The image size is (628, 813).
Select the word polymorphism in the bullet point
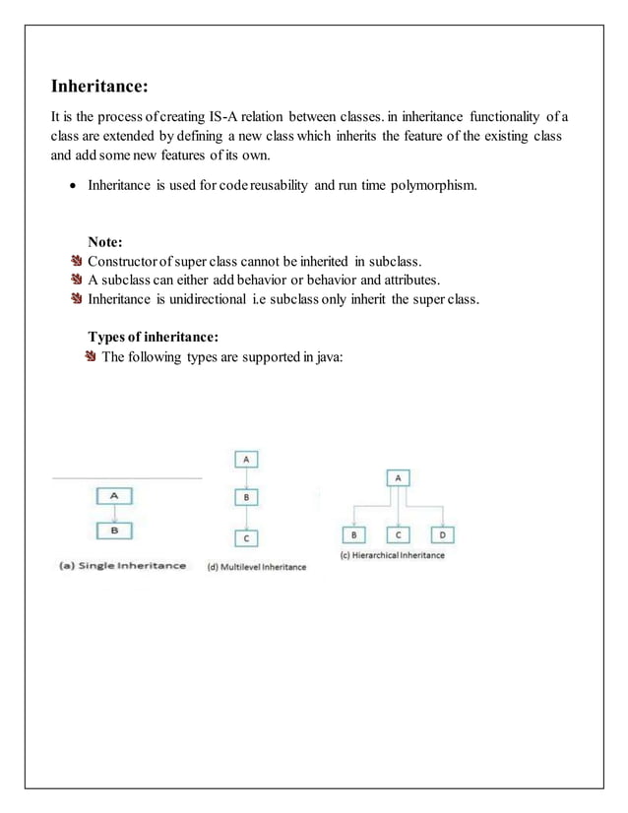point(431,184)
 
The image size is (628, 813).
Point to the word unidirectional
point(217,299)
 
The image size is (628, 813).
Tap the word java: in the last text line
point(322,357)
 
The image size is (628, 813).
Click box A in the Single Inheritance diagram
point(114,496)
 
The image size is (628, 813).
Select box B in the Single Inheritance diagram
point(114,531)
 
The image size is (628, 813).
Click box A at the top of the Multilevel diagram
point(245,460)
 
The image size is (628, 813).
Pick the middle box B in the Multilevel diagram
point(245,498)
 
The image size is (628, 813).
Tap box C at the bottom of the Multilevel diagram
point(245,538)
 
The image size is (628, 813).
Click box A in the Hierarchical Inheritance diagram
point(398,477)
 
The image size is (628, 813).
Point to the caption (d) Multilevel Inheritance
point(256,567)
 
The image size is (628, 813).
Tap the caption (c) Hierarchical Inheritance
point(392,555)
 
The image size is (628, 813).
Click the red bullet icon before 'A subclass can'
point(78,281)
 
